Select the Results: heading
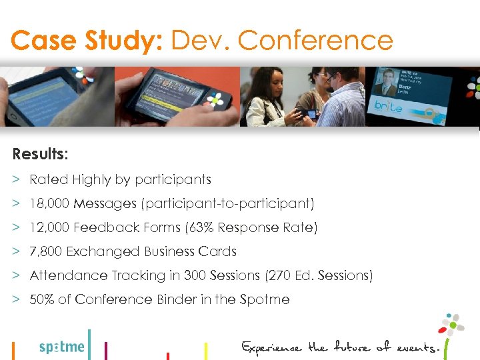(39, 154)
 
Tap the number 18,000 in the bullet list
(50, 203)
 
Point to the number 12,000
(50, 227)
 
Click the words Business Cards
(194, 251)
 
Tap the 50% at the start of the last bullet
(42, 299)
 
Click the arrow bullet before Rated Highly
(16, 179)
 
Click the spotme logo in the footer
(62, 347)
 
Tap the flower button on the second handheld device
(215, 100)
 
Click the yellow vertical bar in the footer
(205, 351)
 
